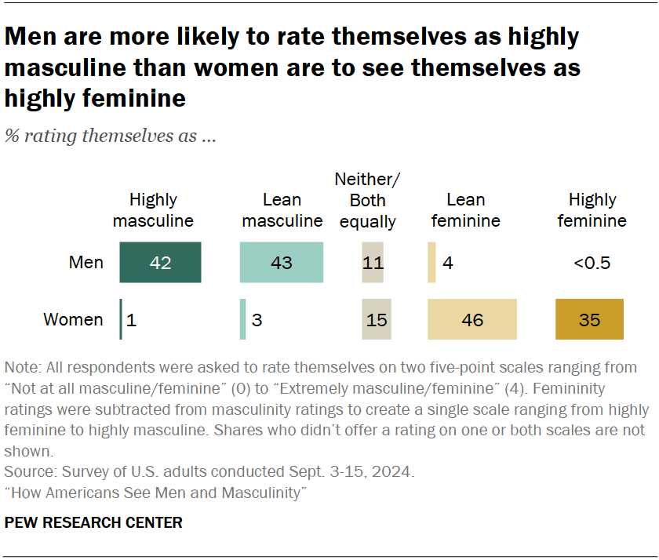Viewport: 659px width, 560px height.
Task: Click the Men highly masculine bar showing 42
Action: (x=160, y=262)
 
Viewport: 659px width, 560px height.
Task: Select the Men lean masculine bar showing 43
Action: (x=281, y=262)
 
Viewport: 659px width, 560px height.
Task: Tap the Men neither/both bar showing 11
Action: (x=373, y=262)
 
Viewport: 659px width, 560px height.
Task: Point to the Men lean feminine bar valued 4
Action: (x=431, y=262)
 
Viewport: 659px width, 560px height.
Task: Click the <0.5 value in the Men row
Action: (x=592, y=262)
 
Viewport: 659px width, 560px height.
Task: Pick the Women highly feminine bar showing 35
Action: (x=589, y=320)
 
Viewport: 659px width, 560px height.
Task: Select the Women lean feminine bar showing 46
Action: (x=471, y=320)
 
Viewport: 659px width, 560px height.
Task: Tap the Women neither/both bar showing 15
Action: (x=377, y=320)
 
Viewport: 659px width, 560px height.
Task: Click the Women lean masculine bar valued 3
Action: (x=243, y=320)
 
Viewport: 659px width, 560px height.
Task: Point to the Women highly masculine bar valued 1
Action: (x=121, y=320)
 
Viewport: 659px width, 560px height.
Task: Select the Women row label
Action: (x=73, y=320)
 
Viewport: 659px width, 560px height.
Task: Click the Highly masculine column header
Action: (x=153, y=210)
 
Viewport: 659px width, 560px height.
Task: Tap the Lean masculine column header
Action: (x=282, y=210)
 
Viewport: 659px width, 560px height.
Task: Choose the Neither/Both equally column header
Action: (x=367, y=201)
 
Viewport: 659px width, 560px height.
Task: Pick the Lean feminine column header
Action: (x=465, y=210)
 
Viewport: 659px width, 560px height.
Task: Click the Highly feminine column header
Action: (x=592, y=210)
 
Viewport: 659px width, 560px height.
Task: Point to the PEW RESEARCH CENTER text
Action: (x=93, y=522)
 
